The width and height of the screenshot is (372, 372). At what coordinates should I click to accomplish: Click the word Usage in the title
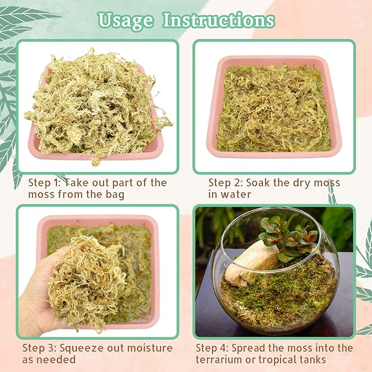125,20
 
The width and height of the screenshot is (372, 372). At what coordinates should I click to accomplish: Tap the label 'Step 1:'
46,182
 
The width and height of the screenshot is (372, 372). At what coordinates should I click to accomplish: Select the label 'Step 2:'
226,182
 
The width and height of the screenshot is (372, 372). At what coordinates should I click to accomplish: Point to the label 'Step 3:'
41,348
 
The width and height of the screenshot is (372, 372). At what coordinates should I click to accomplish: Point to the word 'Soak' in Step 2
259,182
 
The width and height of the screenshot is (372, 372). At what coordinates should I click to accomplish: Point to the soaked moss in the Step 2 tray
274,110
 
